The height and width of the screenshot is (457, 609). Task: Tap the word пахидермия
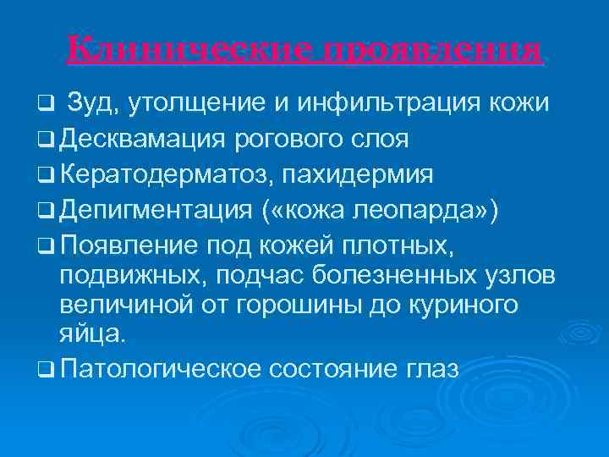click(361, 176)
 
